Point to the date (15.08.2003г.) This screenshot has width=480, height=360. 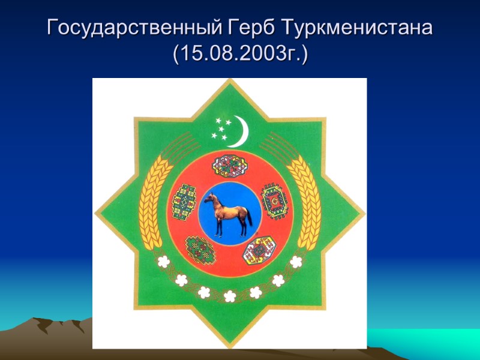pos(240,55)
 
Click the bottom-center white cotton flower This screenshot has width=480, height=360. pos(229,296)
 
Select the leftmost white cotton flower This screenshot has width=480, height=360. pos(163,261)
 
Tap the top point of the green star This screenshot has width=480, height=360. pos(229,84)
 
